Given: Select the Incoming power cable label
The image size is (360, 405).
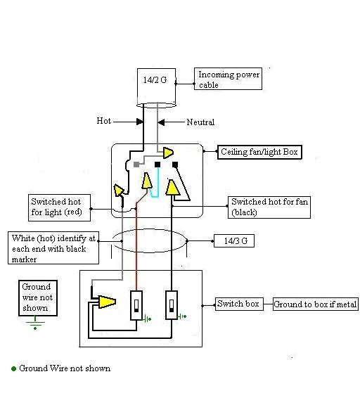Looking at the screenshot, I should pyautogui.click(x=229, y=79).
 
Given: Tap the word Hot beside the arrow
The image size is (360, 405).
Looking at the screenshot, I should pyautogui.click(x=103, y=121).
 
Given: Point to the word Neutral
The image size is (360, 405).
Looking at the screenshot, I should pyautogui.click(x=200, y=122).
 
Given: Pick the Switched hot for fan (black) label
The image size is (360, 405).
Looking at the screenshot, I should pyautogui.click(x=269, y=206).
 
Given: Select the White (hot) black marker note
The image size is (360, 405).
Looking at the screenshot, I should pyautogui.click(x=53, y=249).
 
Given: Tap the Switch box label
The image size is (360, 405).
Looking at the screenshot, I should pyautogui.click(x=238, y=304).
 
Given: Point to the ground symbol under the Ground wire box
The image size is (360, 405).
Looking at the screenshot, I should pyautogui.click(x=35, y=326).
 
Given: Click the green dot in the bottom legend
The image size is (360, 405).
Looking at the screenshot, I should pyautogui.click(x=13, y=368).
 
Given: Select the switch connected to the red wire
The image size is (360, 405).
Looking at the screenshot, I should pyautogui.click(x=137, y=304).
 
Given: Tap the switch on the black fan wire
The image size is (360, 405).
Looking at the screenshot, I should pyautogui.click(x=172, y=304).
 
